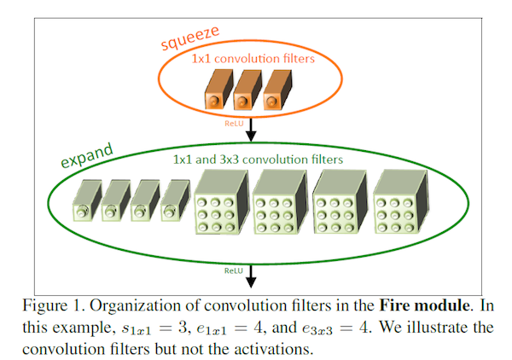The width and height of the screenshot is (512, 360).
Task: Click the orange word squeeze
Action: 190,38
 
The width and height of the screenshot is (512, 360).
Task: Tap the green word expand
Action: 87,155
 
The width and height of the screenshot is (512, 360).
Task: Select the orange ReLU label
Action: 234,124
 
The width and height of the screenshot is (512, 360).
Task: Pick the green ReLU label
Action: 234,271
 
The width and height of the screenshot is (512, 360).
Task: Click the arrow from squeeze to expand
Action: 251,130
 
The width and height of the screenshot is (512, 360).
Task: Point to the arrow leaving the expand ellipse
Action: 251,276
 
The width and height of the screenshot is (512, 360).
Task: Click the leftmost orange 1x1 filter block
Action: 218,89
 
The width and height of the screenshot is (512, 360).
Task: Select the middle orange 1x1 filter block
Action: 247,90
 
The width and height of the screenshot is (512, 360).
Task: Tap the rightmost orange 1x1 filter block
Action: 277,90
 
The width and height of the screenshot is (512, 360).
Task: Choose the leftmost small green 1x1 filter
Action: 87,200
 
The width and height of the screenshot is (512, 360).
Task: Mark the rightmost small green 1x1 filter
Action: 175,200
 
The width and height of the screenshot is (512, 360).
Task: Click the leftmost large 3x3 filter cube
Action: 222,201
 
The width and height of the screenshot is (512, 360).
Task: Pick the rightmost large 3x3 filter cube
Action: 400,201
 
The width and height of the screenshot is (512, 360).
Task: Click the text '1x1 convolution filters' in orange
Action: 253,59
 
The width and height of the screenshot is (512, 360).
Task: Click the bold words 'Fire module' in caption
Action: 424,305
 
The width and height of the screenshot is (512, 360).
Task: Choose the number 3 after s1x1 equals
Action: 183,328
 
